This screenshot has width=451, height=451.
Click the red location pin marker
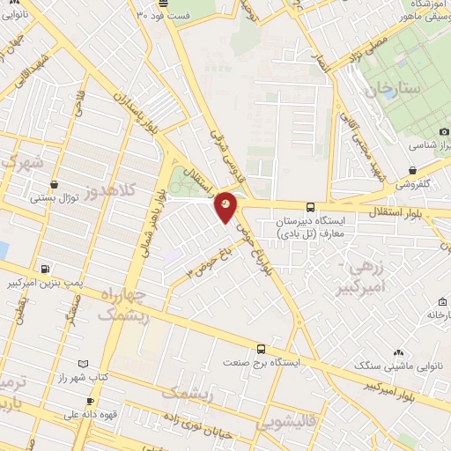click(x=226, y=207)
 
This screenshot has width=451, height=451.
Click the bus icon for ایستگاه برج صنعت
click(x=260, y=349)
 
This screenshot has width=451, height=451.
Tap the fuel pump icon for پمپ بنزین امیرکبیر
click(x=45, y=269)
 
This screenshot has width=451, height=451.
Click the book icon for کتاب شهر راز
click(x=83, y=364)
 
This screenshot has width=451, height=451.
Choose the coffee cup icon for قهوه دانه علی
click(x=90, y=401)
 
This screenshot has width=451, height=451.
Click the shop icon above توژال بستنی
click(x=55, y=185)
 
